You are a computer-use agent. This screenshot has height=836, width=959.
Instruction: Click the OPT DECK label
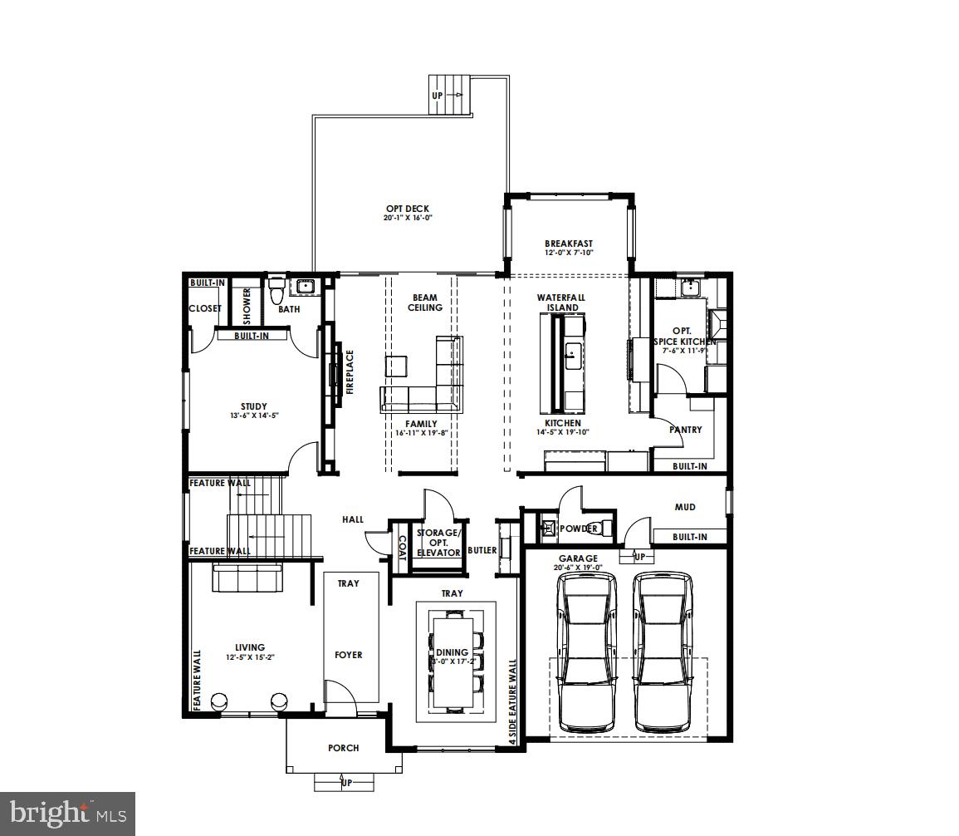408,209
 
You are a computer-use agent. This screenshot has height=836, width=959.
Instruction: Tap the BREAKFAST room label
569,243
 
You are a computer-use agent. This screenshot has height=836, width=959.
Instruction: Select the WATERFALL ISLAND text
562,302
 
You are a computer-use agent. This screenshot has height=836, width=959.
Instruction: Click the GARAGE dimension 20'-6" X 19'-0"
578,568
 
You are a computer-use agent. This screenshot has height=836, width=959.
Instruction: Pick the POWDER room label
579,529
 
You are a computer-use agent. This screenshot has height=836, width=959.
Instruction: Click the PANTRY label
686,430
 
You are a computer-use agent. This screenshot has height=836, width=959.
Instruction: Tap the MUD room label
685,506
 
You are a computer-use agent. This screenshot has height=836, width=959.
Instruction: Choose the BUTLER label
482,550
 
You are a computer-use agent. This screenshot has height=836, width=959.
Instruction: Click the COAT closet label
402,547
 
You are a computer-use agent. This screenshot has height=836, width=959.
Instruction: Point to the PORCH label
343,748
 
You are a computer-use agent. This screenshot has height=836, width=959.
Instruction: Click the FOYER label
349,655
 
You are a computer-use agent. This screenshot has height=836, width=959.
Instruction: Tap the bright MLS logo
67,812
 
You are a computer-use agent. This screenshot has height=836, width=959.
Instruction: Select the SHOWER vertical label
247,305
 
